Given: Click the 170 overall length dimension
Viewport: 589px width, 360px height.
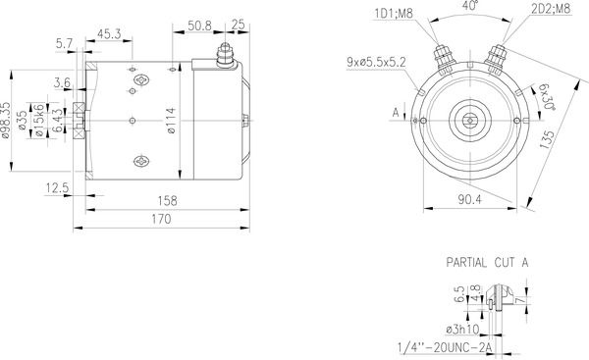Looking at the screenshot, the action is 161,219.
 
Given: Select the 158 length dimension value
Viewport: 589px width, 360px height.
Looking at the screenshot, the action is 167,201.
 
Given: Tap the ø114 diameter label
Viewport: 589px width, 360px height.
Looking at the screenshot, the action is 171,120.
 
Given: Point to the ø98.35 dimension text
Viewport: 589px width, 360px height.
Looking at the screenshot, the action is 6,120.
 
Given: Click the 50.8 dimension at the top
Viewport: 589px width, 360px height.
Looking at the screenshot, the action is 199,26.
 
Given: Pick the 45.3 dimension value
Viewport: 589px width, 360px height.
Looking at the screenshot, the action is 109,34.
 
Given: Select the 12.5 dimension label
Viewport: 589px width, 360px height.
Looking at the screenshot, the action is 57,188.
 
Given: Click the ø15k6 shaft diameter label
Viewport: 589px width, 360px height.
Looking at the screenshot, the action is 39,120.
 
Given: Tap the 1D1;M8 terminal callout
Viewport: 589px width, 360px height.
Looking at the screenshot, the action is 394,14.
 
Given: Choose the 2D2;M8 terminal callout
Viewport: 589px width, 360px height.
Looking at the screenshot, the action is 551,8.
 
